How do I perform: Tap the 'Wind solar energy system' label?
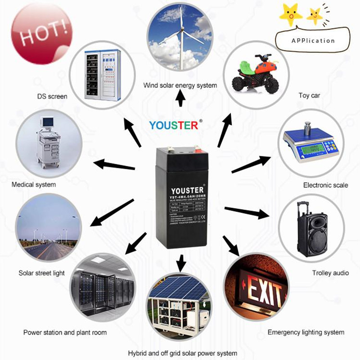180,85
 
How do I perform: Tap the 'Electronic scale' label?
325,185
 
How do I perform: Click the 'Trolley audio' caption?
330,273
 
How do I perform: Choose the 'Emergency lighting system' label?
306,333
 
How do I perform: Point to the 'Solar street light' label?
41,273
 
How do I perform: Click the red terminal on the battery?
197,146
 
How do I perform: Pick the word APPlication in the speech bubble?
313,40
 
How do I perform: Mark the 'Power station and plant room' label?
65,333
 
